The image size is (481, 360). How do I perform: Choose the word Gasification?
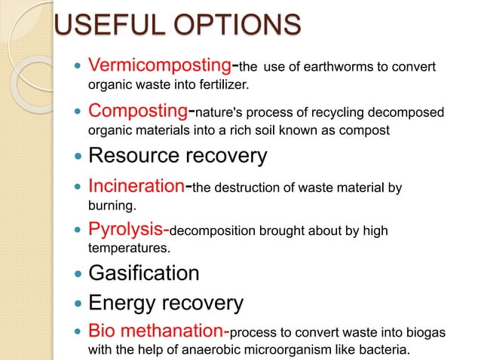point(144,273)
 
